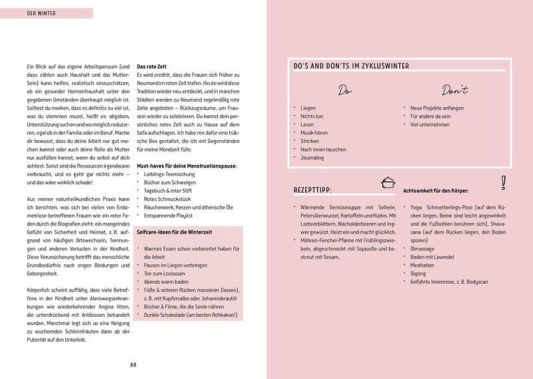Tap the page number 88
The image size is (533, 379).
133,364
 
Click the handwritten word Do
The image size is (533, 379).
344,89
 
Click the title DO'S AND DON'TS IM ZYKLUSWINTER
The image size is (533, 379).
351,67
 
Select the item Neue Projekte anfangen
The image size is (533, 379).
437,107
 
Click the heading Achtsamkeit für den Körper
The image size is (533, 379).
444,191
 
